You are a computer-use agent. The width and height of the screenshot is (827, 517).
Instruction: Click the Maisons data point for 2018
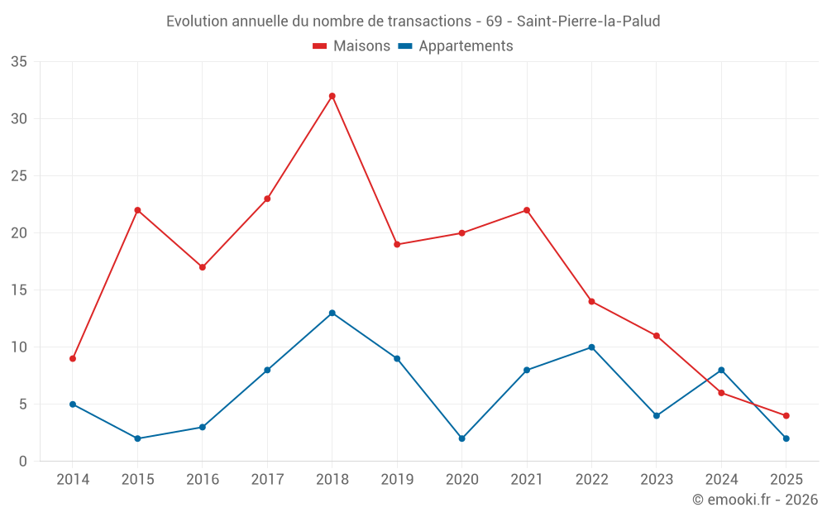point(332,96)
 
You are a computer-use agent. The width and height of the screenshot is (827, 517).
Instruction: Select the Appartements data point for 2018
point(332,313)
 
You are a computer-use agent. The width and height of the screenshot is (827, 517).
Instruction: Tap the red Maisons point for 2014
point(73,358)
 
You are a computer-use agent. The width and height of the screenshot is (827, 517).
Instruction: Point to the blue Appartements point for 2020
point(461,438)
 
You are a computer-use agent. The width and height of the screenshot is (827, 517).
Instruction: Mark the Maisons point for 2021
point(527,210)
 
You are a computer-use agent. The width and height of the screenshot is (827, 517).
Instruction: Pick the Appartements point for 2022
point(591,347)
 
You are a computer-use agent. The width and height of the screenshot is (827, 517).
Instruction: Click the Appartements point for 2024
point(721,370)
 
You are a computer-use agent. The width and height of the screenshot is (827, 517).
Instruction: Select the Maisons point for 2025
point(786,415)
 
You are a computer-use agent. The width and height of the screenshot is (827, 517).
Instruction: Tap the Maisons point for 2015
point(137,210)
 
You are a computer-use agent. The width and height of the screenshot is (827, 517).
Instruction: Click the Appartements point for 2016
point(202,427)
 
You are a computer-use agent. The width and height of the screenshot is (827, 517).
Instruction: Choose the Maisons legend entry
point(351,46)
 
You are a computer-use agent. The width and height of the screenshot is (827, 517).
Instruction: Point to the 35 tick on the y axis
point(19,62)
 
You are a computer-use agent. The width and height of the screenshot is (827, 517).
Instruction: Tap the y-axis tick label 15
point(19,290)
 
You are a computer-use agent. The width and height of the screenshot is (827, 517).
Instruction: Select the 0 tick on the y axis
point(23,462)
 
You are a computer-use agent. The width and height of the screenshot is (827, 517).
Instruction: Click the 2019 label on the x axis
point(397,480)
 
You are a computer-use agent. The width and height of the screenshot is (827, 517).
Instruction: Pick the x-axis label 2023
point(656,480)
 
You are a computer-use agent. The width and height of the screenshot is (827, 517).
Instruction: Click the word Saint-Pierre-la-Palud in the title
point(588,22)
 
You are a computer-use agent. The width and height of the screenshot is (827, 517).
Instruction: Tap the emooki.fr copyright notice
point(754,500)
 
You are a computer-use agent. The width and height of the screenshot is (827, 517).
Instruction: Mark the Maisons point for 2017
point(267,199)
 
